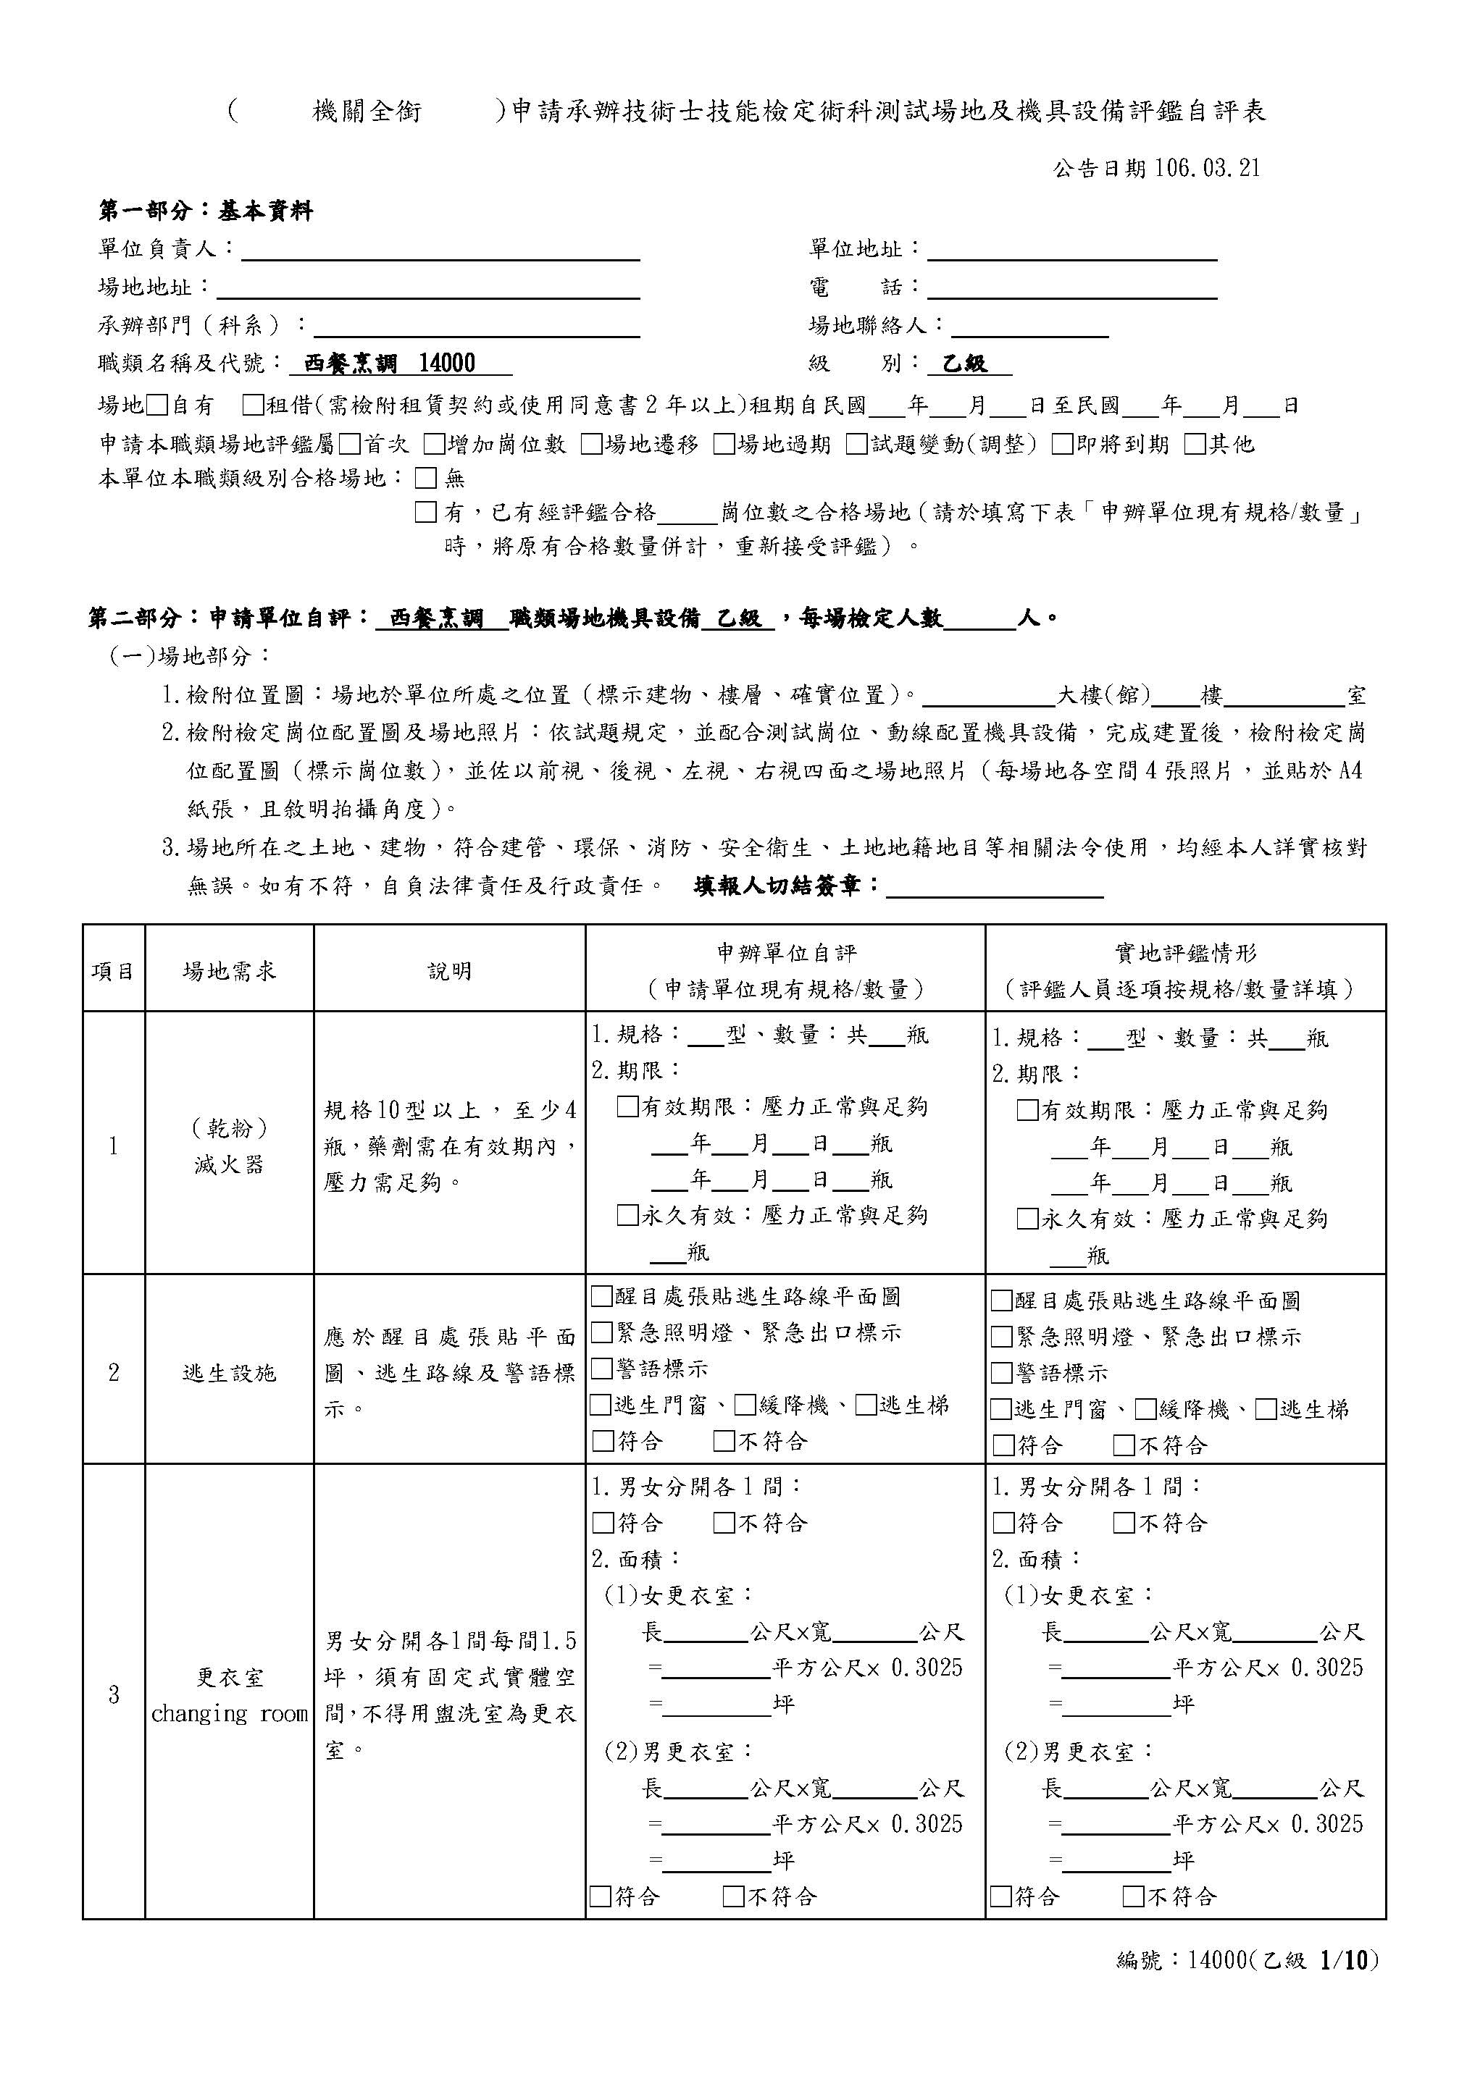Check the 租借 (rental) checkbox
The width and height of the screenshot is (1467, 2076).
[x=254, y=405]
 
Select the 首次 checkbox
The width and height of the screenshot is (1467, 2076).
[x=350, y=444]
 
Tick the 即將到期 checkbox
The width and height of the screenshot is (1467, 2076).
[x=1063, y=444]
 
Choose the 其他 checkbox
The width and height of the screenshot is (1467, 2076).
[x=1195, y=444]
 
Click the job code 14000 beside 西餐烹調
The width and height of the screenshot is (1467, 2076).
[x=448, y=363]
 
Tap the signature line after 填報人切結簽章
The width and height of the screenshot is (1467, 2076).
[x=995, y=888]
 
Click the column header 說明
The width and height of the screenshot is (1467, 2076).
[x=449, y=971]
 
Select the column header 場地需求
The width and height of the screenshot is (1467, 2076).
[x=229, y=971]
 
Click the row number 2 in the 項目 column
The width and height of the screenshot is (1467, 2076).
[x=113, y=1373]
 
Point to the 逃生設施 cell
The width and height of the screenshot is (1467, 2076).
[x=229, y=1373]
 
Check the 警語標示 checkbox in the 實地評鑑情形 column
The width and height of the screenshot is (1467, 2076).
[x=1001, y=1374]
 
